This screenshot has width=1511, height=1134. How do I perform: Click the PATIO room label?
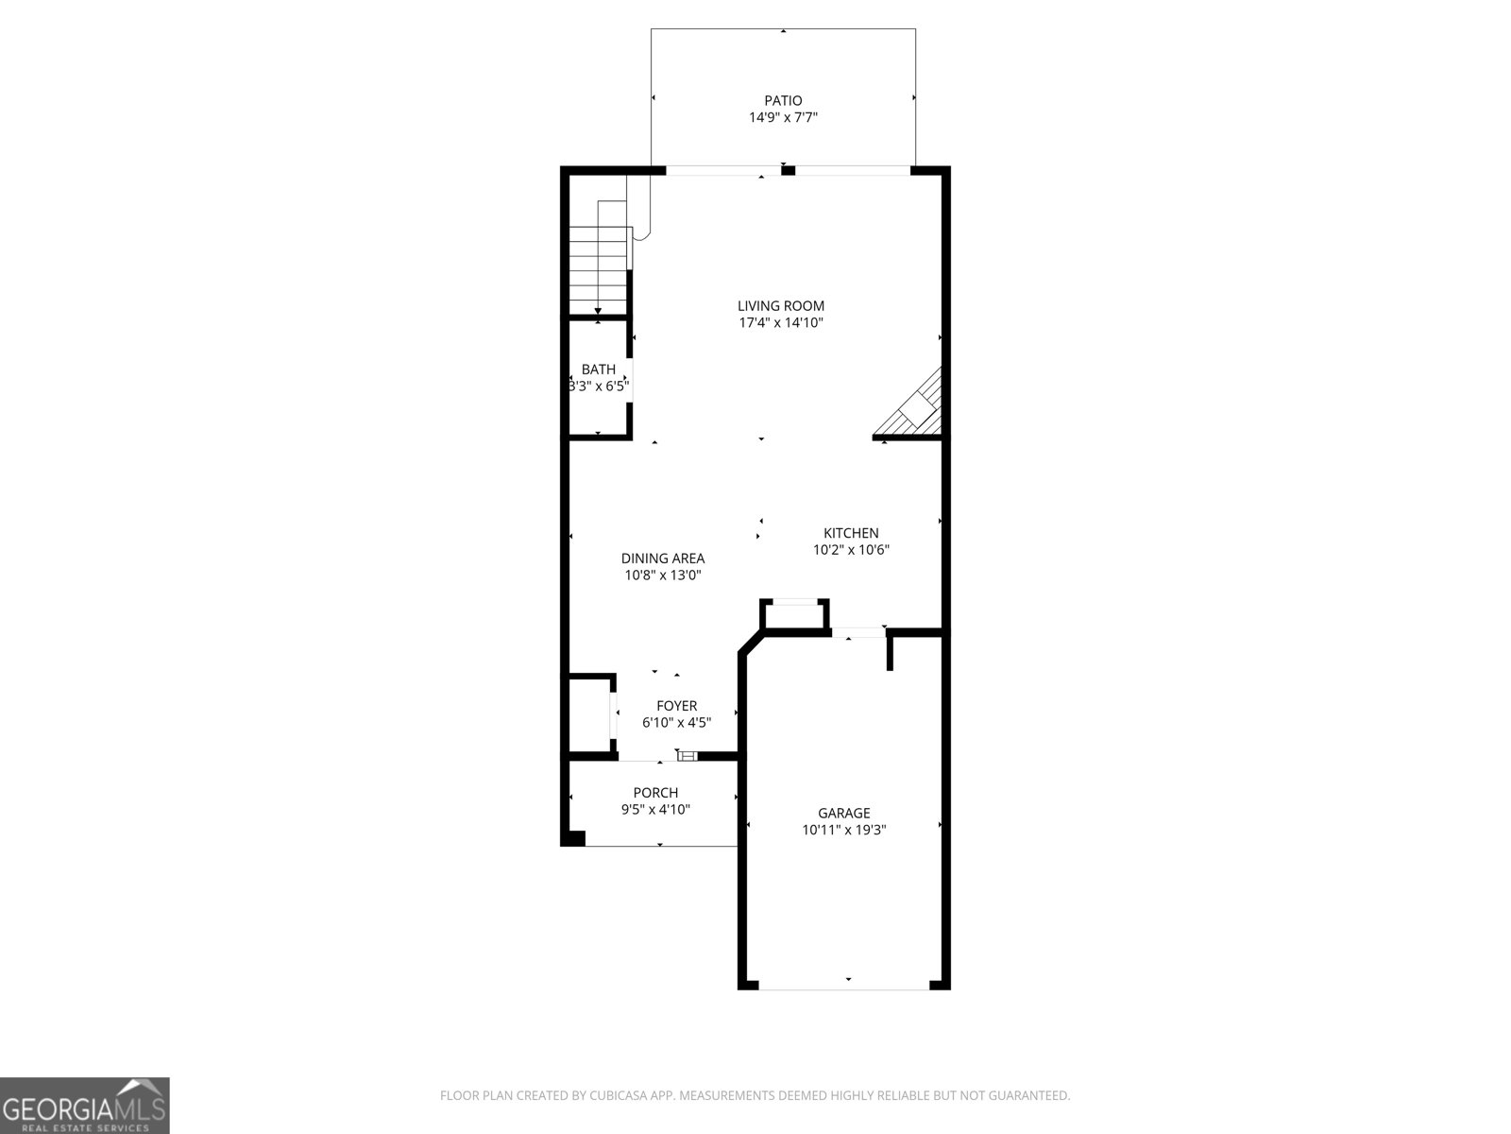click(x=783, y=100)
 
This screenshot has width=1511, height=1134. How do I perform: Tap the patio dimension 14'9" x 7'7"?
click(x=783, y=118)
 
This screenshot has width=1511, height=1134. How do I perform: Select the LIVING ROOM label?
click(x=781, y=305)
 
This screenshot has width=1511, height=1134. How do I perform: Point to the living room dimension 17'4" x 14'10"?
click(x=781, y=323)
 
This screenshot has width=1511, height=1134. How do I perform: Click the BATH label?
click(x=598, y=369)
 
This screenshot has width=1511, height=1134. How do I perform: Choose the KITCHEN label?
click(x=851, y=533)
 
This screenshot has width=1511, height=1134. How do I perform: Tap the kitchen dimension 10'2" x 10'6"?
click(x=851, y=550)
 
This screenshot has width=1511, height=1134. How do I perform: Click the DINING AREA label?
click(x=663, y=558)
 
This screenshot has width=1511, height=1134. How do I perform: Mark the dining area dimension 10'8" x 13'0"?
click(x=663, y=576)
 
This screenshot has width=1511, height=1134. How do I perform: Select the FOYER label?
click(x=677, y=706)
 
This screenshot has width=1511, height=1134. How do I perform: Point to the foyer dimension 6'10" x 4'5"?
click(x=677, y=723)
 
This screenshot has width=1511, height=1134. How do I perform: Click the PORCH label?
click(x=655, y=793)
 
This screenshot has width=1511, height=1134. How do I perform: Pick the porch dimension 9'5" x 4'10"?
click(x=655, y=810)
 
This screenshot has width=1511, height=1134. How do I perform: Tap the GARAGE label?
click(x=844, y=813)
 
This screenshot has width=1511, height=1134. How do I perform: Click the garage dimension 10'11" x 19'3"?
click(x=844, y=831)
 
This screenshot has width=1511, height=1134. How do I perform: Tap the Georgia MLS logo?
click(x=85, y=1106)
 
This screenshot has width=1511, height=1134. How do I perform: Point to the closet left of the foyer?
click(x=590, y=716)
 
